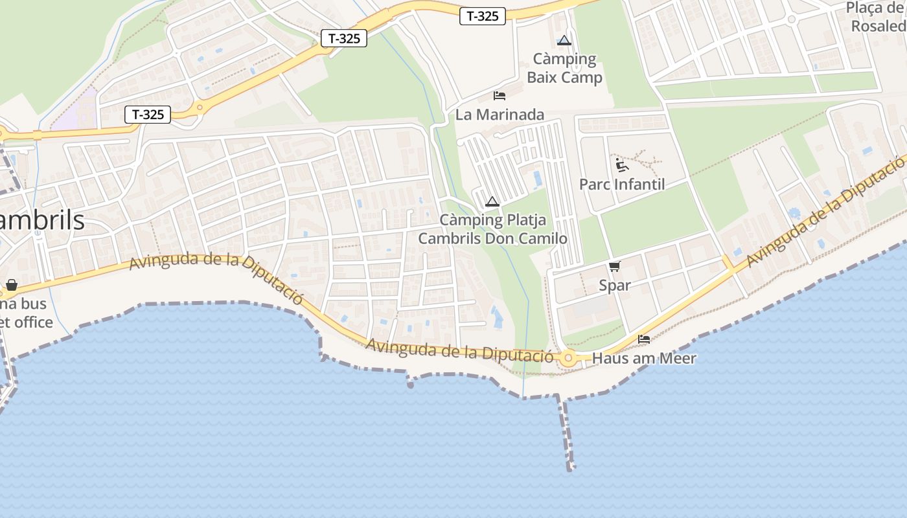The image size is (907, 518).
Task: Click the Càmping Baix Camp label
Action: tap(564, 69)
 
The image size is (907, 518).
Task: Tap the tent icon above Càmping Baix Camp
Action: tap(564, 40)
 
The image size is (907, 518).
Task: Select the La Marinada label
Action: tap(499, 115)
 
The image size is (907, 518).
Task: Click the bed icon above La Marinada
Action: tap(499, 96)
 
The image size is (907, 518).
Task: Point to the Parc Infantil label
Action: tap(622, 185)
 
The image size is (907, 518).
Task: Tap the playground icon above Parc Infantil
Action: tap(622, 164)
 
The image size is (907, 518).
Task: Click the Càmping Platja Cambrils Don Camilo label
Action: tap(492, 229)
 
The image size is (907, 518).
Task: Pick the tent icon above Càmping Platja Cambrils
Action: tap(492, 202)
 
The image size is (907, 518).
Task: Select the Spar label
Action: tap(614, 285)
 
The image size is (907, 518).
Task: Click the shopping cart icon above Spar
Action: tap(614, 266)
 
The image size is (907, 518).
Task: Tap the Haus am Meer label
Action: tap(644, 358)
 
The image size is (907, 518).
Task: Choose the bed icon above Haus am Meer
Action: tap(644, 339)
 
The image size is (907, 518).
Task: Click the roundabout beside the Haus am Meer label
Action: tap(569, 357)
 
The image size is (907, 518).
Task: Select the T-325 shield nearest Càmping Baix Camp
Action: tap(483, 16)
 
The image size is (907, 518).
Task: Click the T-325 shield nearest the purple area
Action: tap(148, 115)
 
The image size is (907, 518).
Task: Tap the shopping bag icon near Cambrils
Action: tap(12, 285)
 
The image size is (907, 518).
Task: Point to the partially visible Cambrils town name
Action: tap(42, 221)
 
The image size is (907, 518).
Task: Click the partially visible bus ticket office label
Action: tap(26, 313)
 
